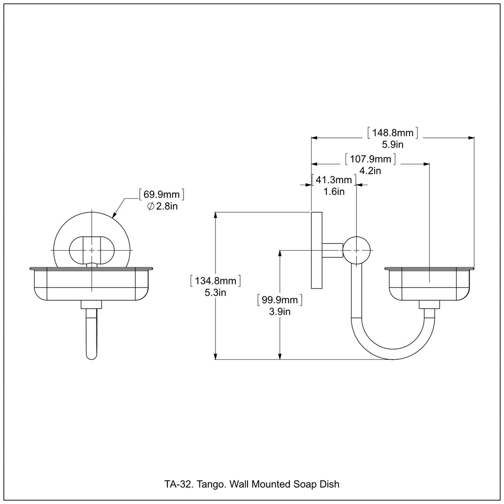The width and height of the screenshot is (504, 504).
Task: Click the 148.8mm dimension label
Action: (393, 133)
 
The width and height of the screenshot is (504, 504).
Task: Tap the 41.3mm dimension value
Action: (334, 180)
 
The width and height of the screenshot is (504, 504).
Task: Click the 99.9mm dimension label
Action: (280, 300)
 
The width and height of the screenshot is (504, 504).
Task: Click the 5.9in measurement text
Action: (393, 145)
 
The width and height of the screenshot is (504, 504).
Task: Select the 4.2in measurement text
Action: (371, 171)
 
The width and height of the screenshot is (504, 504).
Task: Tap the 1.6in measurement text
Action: (334, 192)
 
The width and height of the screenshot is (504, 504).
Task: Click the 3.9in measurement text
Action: (280, 312)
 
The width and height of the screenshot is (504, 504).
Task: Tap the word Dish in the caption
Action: (330, 484)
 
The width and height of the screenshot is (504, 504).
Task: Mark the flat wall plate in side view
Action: (316, 250)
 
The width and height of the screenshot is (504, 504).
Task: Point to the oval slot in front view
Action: (91, 250)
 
